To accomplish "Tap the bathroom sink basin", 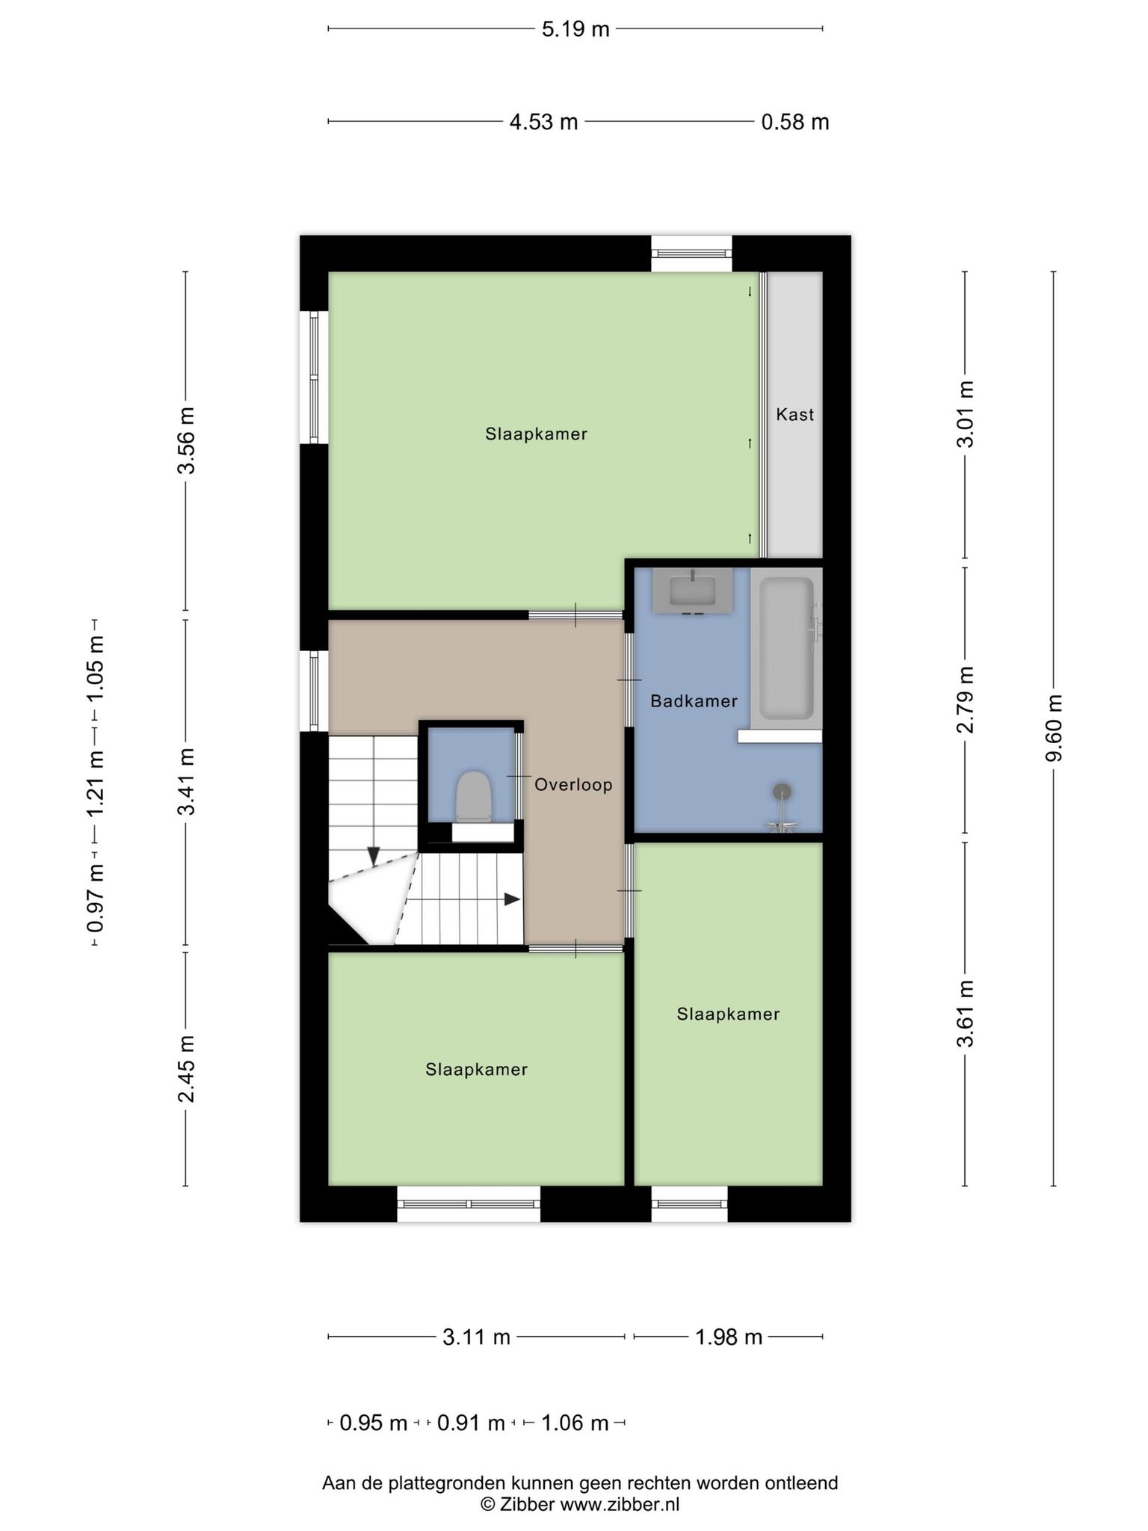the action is pyautogui.click(x=692, y=591).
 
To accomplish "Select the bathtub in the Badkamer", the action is pyautogui.click(x=786, y=647).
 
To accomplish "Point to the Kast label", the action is pyautogui.click(x=794, y=414).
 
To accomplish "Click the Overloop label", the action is pyautogui.click(x=573, y=785).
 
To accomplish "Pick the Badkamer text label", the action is pyautogui.click(x=694, y=701).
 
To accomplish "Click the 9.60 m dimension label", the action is pyautogui.click(x=1053, y=728).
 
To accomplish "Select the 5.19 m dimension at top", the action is pyautogui.click(x=575, y=29).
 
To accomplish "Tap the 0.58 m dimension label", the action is pyautogui.click(x=795, y=122).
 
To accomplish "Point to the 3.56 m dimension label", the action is pyautogui.click(x=185, y=440).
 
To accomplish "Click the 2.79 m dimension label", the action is pyautogui.click(x=966, y=700).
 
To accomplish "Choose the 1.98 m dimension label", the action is pyautogui.click(x=729, y=1337).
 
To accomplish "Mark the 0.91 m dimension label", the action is pyautogui.click(x=471, y=1423).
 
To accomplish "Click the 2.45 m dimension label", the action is pyautogui.click(x=185, y=1069).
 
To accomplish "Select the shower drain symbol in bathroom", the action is pyautogui.click(x=782, y=792).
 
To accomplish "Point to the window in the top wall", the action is pyautogui.click(x=691, y=253).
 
